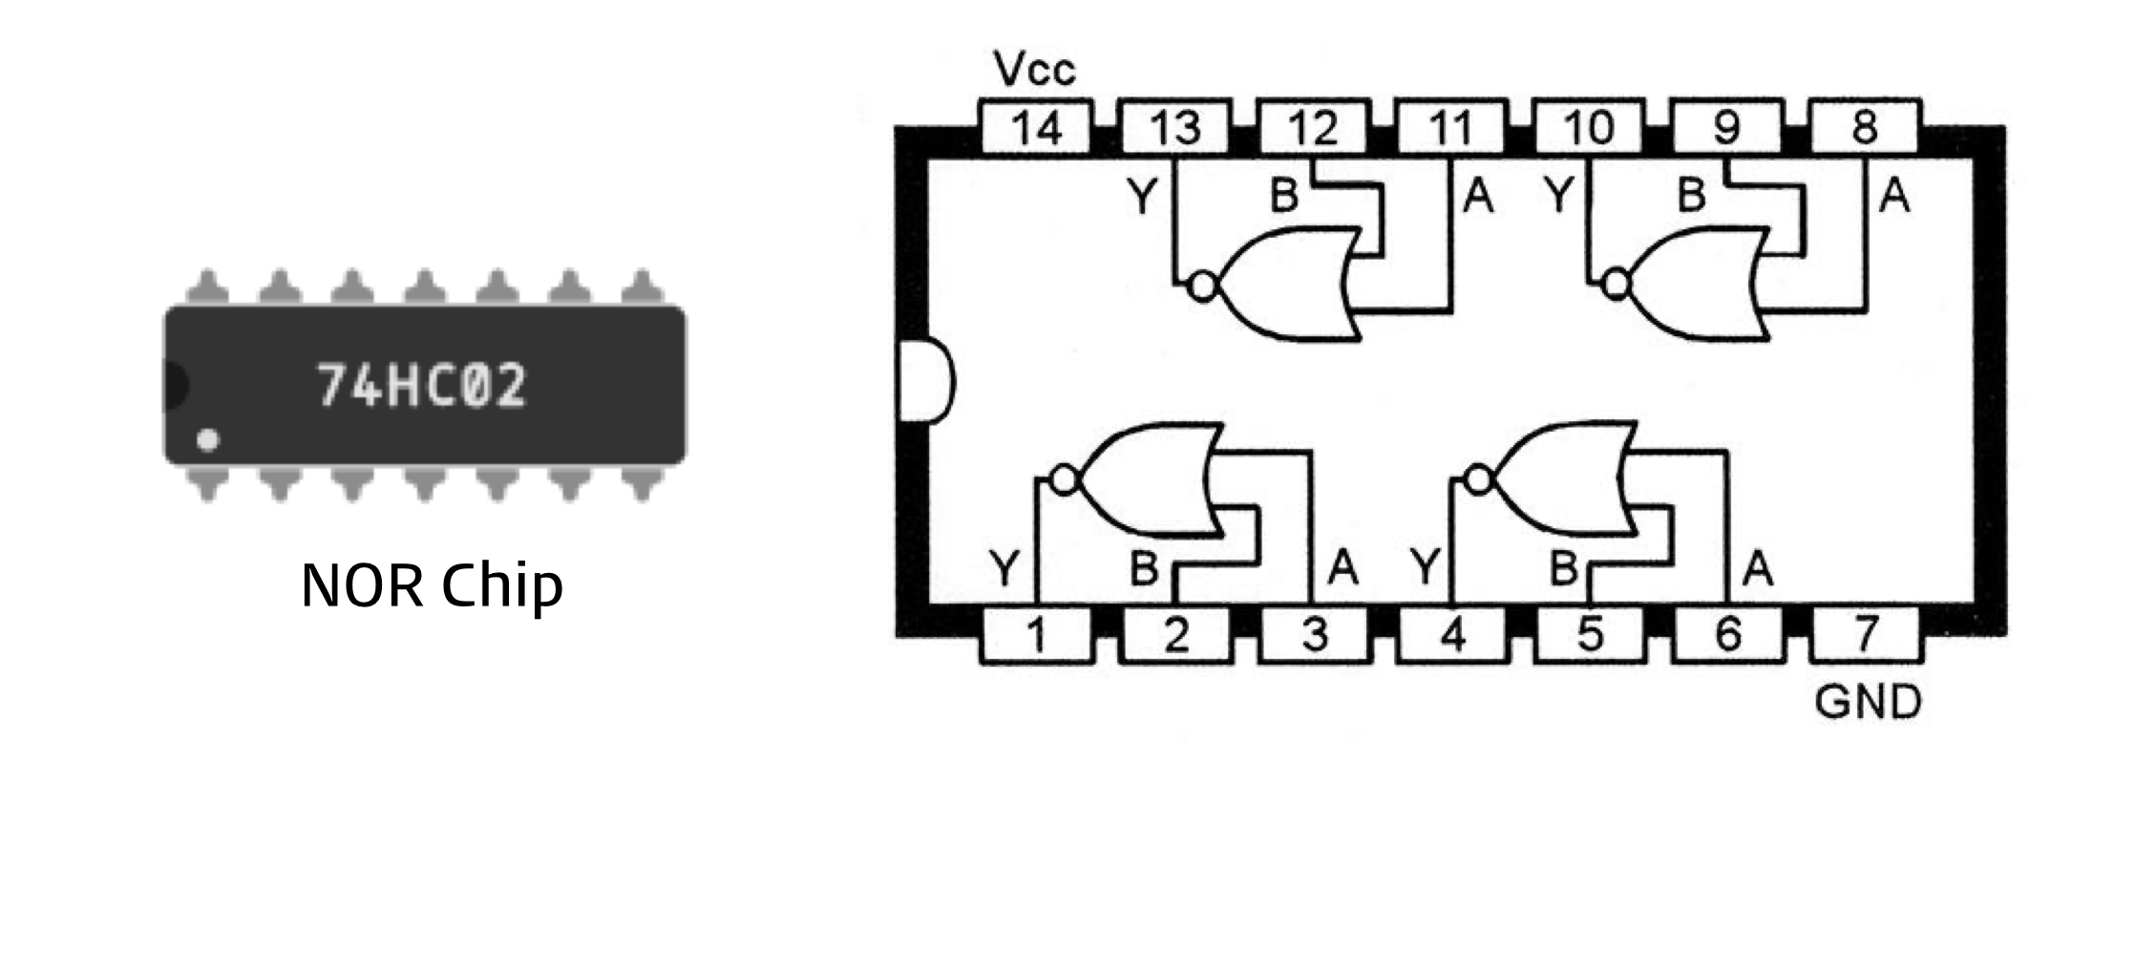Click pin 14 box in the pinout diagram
(1036, 127)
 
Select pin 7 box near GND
(1865, 634)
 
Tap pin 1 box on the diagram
(1036, 634)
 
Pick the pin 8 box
(1865, 127)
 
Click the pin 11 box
(1451, 127)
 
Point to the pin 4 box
(1451, 634)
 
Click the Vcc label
(1034, 69)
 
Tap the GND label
(1868, 702)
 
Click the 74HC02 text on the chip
(421, 385)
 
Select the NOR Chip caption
(432, 584)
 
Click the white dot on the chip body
(207, 440)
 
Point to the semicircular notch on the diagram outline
(926, 379)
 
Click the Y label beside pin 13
(1142, 197)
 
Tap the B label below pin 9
(1691, 196)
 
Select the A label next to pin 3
(1342, 568)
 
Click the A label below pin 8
(1894, 197)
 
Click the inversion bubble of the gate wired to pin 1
(1064, 479)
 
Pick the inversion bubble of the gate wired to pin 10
(1616, 284)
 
